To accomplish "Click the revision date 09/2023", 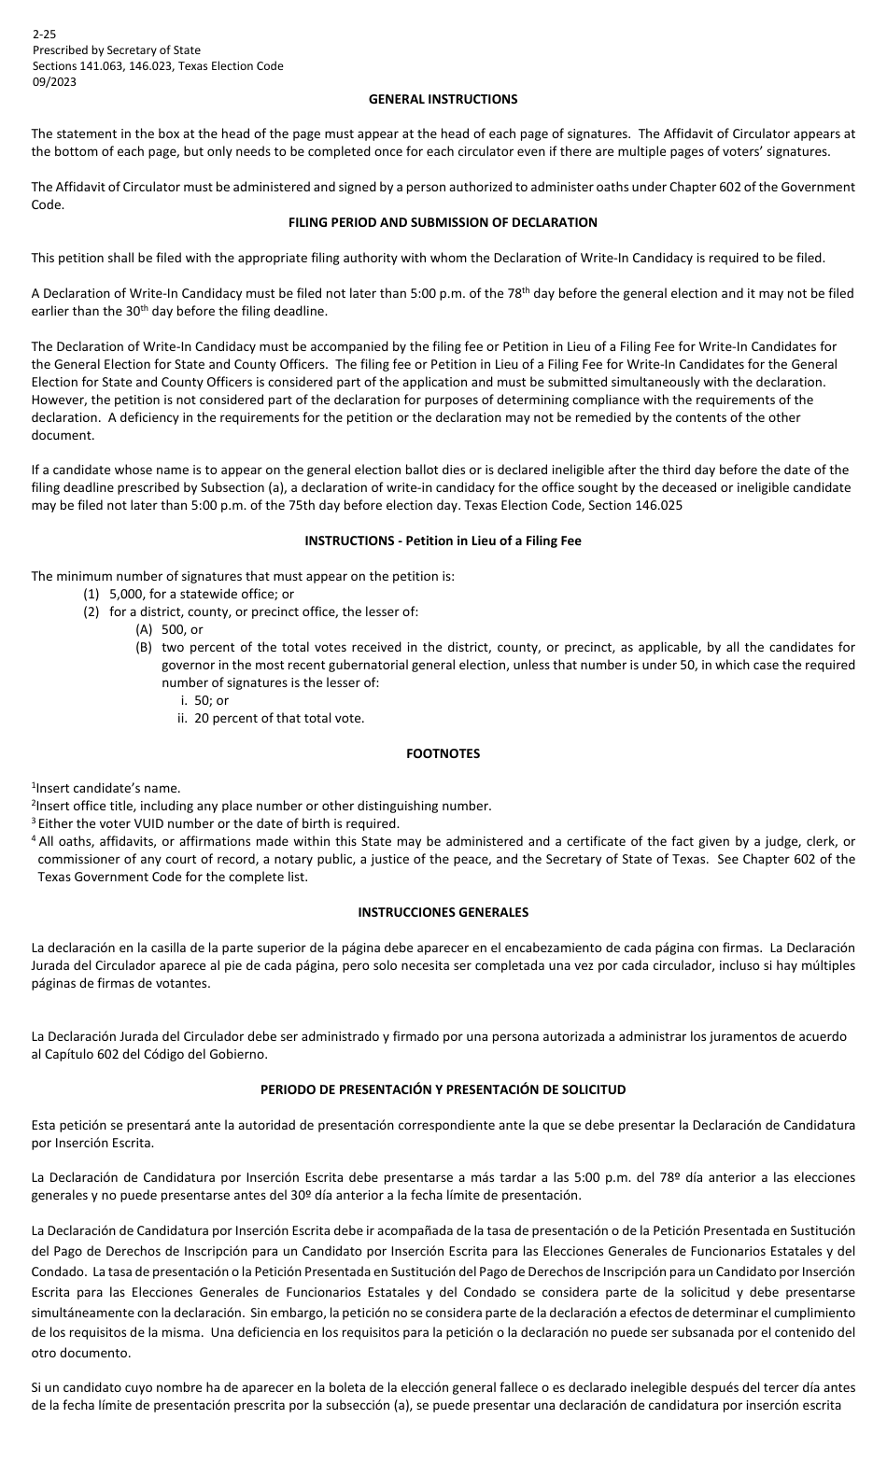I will [x=54, y=81].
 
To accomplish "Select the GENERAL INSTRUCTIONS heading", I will [x=443, y=99].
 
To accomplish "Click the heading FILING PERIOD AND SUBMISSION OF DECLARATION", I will [x=443, y=222].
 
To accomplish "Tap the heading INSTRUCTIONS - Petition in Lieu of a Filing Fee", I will [x=443, y=541].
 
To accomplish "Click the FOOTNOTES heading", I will [x=443, y=753].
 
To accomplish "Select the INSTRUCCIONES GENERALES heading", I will [x=443, y=912].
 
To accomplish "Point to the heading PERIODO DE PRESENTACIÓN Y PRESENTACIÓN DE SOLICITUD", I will [x=443, y=1089].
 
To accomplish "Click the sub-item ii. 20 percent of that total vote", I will [x=271, y=718].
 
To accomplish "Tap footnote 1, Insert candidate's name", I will [x=107, y=789].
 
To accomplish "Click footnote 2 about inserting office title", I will [x=261, y=806].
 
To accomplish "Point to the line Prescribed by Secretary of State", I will [x=116, y=50].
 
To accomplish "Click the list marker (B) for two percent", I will [x=144, y=647].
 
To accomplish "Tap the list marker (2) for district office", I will [x=92, y=612].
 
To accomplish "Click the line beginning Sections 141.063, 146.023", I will [x=157, y=66].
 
